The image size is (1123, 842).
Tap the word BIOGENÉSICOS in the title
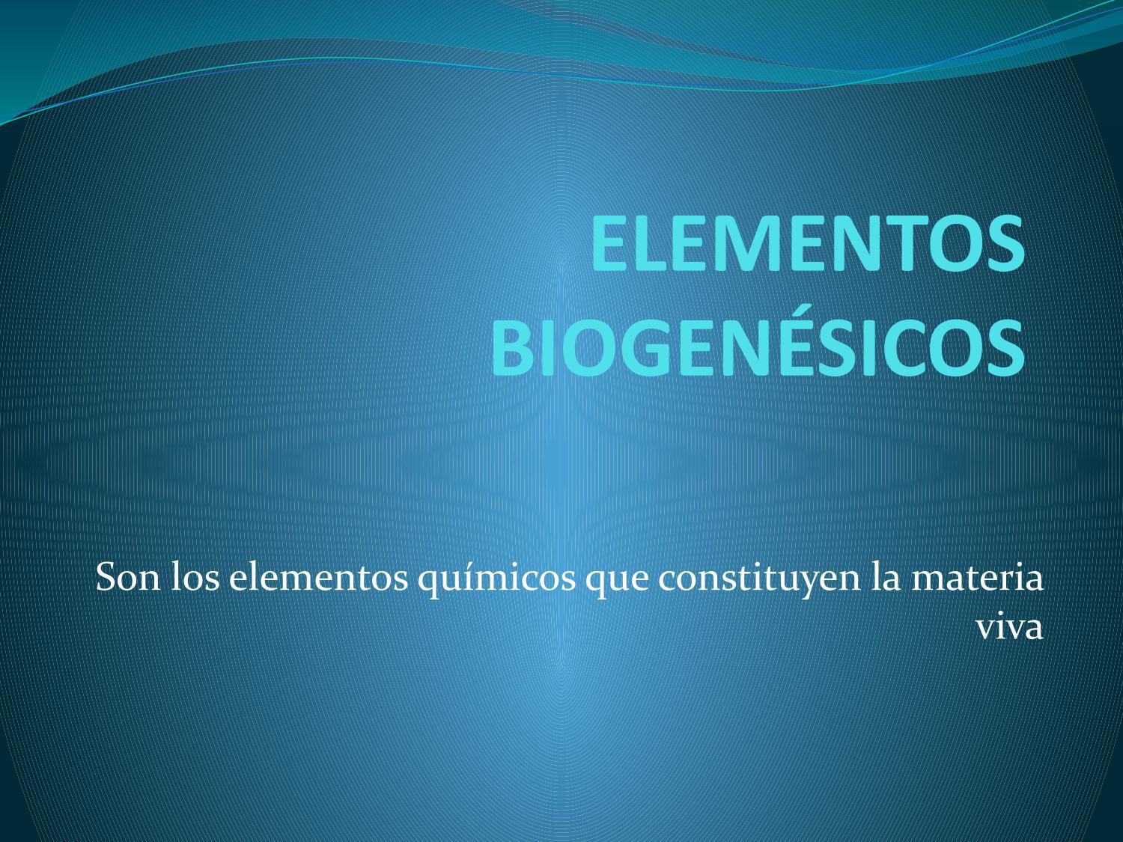pos(758,349)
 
